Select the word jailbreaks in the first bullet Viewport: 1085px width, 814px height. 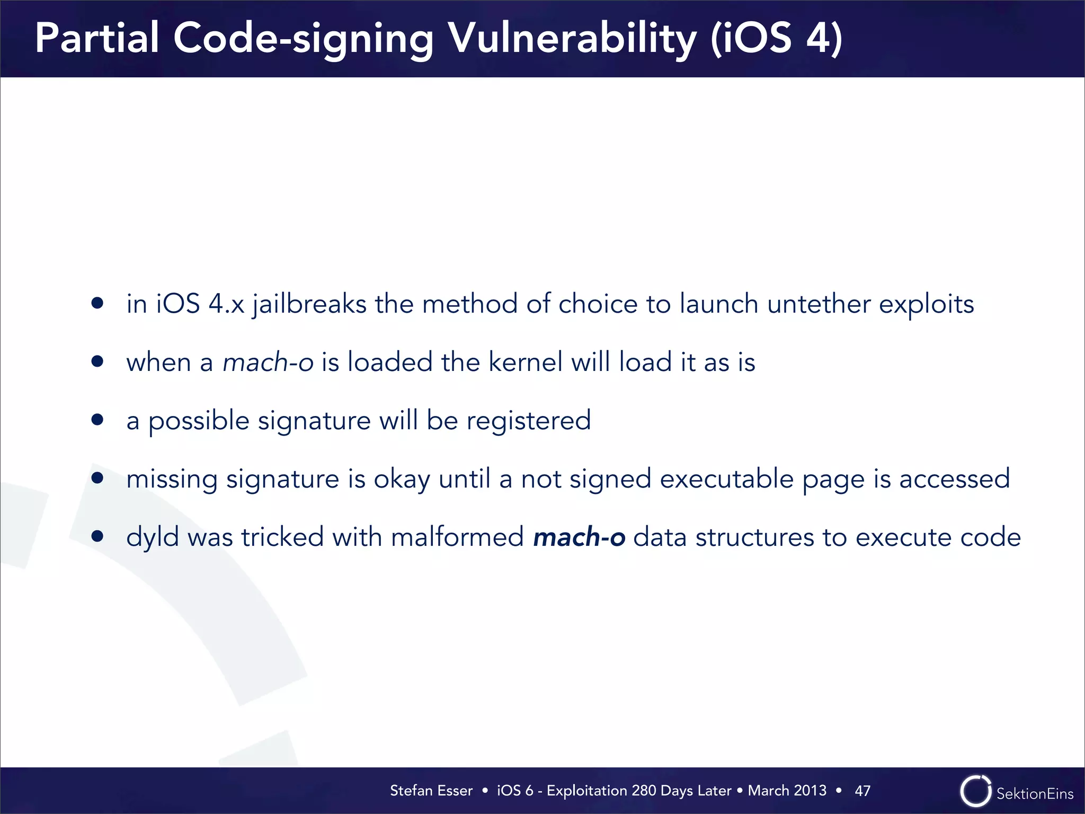click(x=309, y=304)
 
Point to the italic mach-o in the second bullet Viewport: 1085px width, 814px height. click(x=268, y=362)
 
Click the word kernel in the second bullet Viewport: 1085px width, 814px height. click(x=525, y=362)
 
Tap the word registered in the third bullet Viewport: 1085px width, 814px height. click(x=528, y=421)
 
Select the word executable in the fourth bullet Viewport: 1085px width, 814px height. click(x=727, y=479)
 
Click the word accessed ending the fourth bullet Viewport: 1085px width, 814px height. click(x=955, y=479)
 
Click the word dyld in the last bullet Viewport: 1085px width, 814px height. click(x=153, y=537)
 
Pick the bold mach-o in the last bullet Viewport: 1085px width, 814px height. click(x=579, y=537)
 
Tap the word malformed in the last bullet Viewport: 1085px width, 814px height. click(x=457, y=537)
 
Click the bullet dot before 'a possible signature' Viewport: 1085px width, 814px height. click(x=97, y=420)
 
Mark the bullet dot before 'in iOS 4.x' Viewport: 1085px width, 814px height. click(x=97, y=303)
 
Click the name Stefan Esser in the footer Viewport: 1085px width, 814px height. click(x=431, y=791)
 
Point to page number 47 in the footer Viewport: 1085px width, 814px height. click(x=862, y=791)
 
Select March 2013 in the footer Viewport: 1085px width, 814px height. click(x=787, y=791)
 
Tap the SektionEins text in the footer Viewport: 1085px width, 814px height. click(x=1035, y=793)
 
